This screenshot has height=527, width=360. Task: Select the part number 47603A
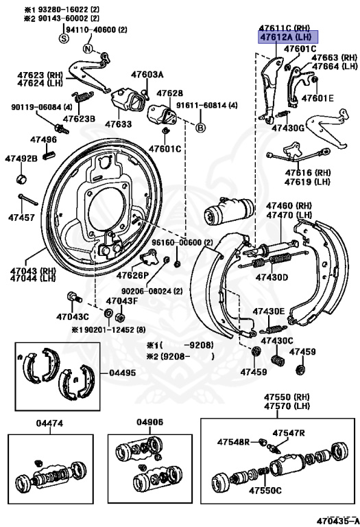click(147, 74)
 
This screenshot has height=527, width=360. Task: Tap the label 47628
click(169, 93)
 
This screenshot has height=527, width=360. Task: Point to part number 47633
click(118, 124)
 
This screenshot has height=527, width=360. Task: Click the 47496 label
click(43, 140)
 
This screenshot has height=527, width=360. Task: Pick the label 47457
click(21, 218)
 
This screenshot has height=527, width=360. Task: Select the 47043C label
click(72, 316)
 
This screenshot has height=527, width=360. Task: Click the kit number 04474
click(50, 423)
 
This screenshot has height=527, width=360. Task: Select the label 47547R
click(288, 433)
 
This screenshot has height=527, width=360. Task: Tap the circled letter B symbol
click(201, 128)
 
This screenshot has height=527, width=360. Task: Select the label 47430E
click(268, 311)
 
